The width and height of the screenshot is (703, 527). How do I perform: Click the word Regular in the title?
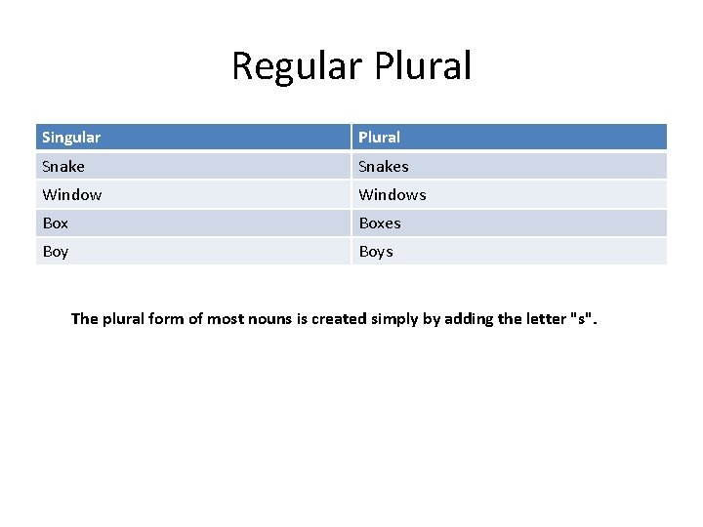[x=294, y=66]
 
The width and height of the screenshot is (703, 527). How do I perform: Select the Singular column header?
[x=71, y=138]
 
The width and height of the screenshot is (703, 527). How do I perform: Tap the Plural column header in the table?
[x=379, y=138]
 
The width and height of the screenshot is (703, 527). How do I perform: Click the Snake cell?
[x=63, y=166]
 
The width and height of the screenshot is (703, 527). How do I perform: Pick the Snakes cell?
[x=384, y=166]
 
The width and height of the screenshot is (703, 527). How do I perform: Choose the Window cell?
[x=72, y=194]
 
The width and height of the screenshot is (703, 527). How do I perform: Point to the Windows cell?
[x=393, y=194]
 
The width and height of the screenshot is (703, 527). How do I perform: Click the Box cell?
[x=56, y=223]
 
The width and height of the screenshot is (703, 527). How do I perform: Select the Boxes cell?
[x=380, y=223]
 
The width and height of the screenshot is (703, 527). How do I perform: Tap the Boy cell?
[x=56, y=251]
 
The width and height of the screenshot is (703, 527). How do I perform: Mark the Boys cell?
[x=376, y=251]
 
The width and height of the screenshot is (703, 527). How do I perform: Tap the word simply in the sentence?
[x=396, y=318]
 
